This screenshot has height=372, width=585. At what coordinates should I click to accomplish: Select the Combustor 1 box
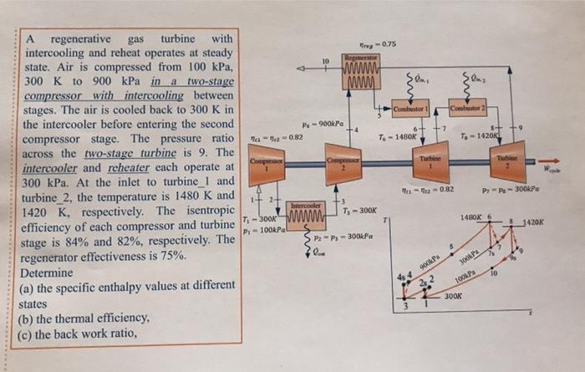[410, 110]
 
